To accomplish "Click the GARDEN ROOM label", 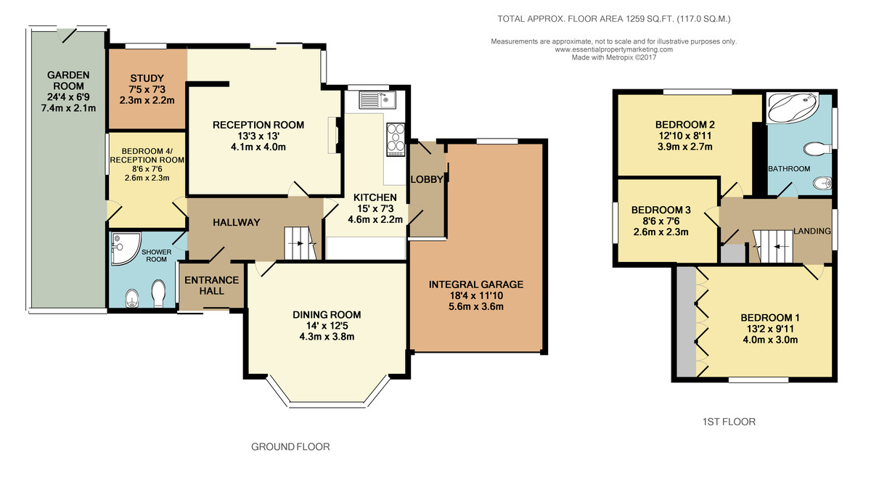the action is (68, 81).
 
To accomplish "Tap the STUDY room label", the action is (147, 78).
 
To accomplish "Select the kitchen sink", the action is (377, 99).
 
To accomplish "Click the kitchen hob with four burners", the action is (396, 139).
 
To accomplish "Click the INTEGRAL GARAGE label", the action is (476, 284).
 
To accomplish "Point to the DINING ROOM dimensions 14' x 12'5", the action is (327, 326).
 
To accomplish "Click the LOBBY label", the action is (427, 179).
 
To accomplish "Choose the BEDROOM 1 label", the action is (770, 318).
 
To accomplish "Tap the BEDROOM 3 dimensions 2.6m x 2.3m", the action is (661, 232).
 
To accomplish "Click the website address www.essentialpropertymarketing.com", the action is (613, 49).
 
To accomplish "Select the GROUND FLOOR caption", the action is (290, 447).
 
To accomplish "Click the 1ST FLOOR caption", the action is (729, 422).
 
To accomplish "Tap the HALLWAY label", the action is (237, 222).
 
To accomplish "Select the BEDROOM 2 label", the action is (684, 125).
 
